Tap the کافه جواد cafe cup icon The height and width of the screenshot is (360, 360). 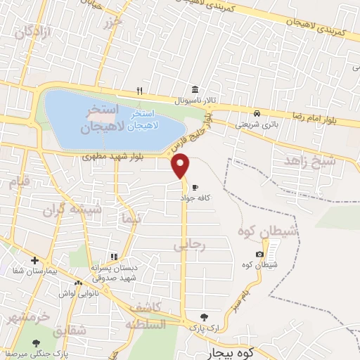195,187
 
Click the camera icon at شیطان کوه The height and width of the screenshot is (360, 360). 260,254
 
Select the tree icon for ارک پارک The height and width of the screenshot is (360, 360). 204,318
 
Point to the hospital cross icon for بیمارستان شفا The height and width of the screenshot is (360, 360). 34,261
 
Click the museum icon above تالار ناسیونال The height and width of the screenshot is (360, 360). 195,90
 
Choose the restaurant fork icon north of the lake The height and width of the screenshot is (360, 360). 139,90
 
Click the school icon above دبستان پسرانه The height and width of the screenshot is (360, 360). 113,257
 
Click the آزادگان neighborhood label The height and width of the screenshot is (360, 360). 34,30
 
